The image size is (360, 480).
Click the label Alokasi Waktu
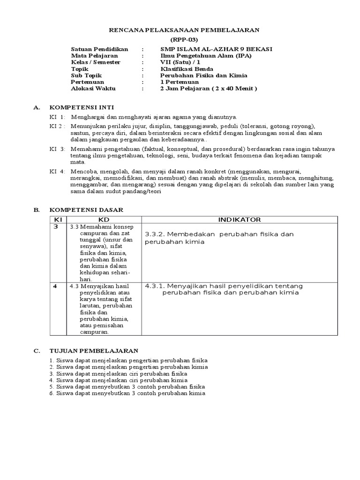point(93,88)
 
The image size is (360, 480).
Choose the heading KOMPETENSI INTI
point(82,107)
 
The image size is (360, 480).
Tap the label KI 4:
point(58,172)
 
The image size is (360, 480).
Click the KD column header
point(103,219)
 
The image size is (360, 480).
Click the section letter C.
point(37,351)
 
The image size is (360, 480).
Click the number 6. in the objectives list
point(52,393)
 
